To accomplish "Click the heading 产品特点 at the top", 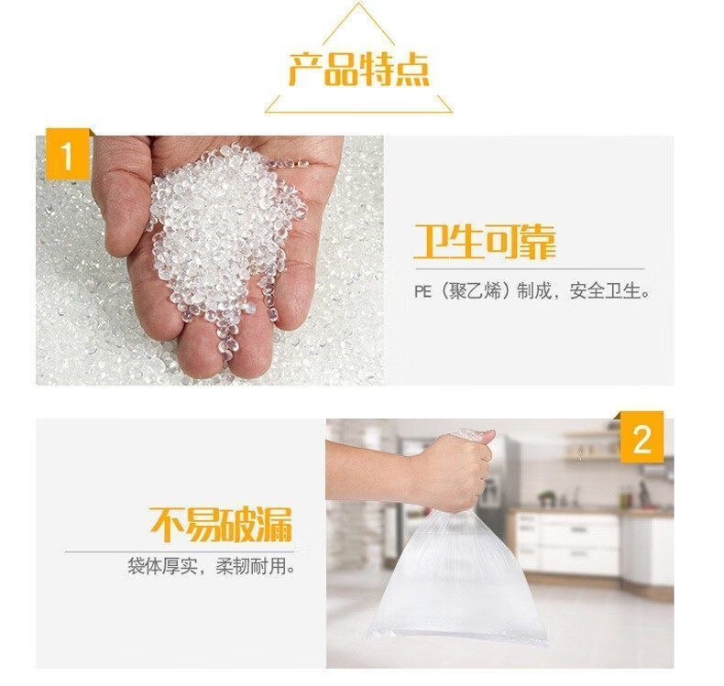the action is [x=358, y=70].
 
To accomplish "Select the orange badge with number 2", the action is [x=642, y=438].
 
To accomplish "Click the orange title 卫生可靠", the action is [x=485, y=242].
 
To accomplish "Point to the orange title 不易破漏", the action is [x=221, y=525].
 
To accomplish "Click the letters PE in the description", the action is [x=422, y=291].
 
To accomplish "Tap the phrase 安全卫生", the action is [x=605, y=291].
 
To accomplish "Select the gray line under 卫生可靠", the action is [x=529, y=268].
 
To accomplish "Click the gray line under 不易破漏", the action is [x=180, y=551].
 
